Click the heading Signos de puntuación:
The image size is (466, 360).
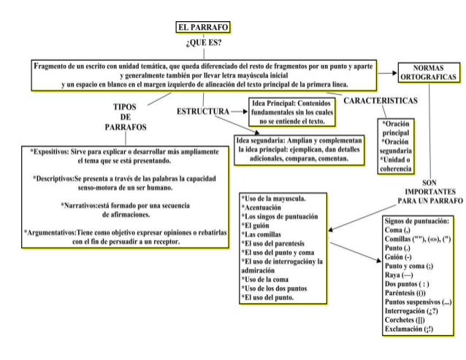point(416,221)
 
